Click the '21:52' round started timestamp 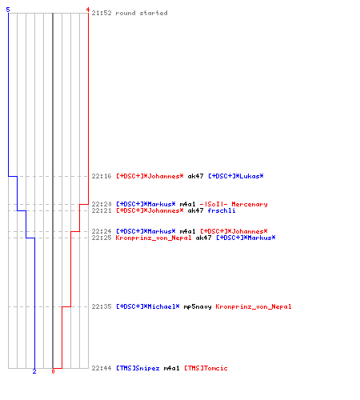pyautogui.click(x=102, y=13)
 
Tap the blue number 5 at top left pyautogui.click(x=8, y=10)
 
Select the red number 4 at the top pyautogui.click(x=87, y=10)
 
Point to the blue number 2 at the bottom pyautogui.click(x=34, y=371)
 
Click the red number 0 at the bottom pyautogui.click(x=53, y=371)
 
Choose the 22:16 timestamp pyautogui.click(x=102, y=176)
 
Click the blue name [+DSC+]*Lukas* pyautogui.click(x=236, y=176)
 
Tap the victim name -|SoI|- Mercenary pyautogui.click(x=234, y=204)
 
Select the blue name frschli pyautogui.click(x=222, y=210)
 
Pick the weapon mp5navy pyautogui.click(x=198, y=306)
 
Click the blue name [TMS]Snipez pyautogui.click(x=138, y=368)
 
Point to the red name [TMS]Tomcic pyautogui.click(x=206, y=368)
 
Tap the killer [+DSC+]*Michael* pyautogui.click(x=148, y=306)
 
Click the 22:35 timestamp pyautogui.click(x=102, y=306)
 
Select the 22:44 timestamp pyautogui.click(x=102, y=368)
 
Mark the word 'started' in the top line pyautogui.click(x=154, y=13)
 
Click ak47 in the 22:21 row pyautogui.click(x=195, y=210)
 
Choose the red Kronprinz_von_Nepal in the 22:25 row pyautogui.click(x=154, y=238)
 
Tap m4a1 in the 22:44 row pyautogui.click(x=172, y=368)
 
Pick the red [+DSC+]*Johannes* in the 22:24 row pyautogui.click(x=234, y=231)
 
